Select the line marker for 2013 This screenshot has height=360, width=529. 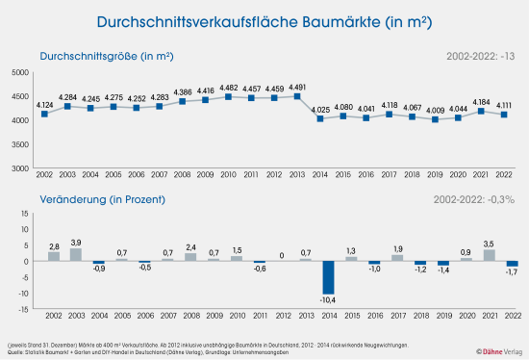[298, 96]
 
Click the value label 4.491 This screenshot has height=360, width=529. [298, 87]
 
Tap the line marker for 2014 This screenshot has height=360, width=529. [321, 118]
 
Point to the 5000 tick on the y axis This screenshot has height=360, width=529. [19, 73]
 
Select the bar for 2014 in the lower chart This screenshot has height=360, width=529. [329, 277]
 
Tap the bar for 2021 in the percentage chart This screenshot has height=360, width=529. [490, 255]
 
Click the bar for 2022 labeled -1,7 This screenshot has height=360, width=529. [513, 264]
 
